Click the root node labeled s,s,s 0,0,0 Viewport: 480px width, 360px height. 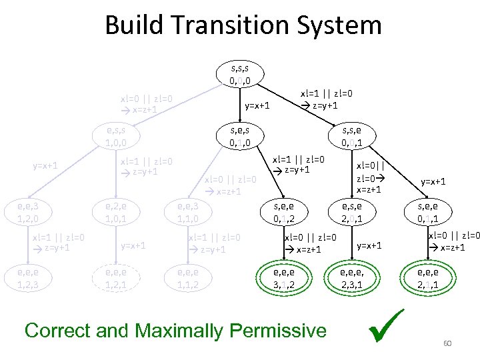pyautogui.click(x=239, y=74)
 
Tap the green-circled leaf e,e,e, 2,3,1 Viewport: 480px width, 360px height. pyautogui.click(x=353, y=277)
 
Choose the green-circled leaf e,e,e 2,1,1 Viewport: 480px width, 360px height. pyautogui.click(x=427, y=277)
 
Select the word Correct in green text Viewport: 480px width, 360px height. pyautogui.click(x=57, y=330)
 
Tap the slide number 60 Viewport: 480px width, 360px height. pyautogui.click(x=447, y=343)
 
